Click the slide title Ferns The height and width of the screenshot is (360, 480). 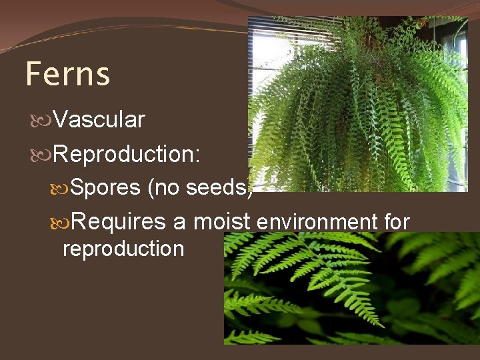tap(67, 74)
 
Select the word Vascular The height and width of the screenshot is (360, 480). tap(99, 120)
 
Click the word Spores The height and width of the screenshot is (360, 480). tap(105, 189)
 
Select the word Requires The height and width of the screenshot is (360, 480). tap(119, 221)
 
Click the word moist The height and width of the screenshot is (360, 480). tap(221, 221)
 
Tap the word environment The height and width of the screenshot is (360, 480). tap(316, 222)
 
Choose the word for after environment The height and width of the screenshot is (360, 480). tap(396, 221)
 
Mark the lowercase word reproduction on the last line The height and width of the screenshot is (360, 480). tap(123, 249)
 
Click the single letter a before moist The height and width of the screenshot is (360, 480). tap(179, 223)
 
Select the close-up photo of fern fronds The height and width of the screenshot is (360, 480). tap(351, 288)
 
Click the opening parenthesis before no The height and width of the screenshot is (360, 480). tap(151, 189)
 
